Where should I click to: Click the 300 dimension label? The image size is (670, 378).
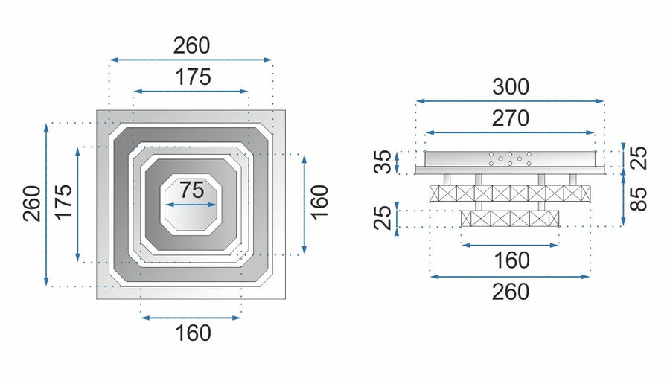[x=511, y=87]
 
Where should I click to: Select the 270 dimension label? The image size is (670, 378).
[x=510, y=118]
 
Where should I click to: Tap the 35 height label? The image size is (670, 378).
[x=382, y=161]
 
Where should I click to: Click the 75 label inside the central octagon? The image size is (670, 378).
[x=191, y=190]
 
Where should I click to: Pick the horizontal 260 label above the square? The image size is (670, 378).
[x=191, y=45]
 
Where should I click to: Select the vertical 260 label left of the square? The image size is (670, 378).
[x=32, y=203]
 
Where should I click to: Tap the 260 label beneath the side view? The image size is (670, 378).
[x=510, y=292]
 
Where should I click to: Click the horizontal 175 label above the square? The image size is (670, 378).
[x=193, y=77]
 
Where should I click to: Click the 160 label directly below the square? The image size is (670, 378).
[x=191, y=332]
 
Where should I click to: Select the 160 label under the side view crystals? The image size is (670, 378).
[x=510, y=260]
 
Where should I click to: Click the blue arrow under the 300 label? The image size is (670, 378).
[x=510, y=100]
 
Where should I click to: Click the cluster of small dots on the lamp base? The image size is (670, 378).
[x=510, y=158]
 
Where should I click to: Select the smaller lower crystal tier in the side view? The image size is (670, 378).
[x=510, y=219]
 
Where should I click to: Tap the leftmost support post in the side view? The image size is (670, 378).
[x=445, y=179]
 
